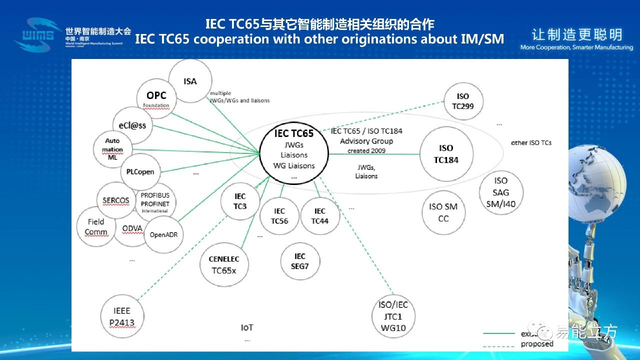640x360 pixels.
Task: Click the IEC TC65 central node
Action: click(294, 149)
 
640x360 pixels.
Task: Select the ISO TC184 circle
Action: click(445, 154)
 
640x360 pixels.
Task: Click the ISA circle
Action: click(190, 81)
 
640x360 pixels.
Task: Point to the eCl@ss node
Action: click(129, 125)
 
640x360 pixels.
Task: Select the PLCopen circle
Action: click(140, 171)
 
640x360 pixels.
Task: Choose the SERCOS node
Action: click(116, 200)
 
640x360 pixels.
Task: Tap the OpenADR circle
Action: click(163, 234)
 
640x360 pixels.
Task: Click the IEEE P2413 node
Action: click(122, 316)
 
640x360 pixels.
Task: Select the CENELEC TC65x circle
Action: click(223, 264)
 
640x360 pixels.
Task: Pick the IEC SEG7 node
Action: click(300, 261)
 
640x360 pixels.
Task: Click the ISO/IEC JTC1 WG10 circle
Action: click(393, 316)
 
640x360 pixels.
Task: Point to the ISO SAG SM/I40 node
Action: click(500, 192)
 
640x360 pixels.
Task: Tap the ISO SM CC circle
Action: click(443, 212)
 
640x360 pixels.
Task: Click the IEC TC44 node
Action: click(320, 216)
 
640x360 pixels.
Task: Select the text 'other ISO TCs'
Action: click(531, 142)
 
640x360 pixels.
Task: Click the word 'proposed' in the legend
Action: click(537, 344)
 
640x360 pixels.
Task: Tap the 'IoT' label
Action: click(247, 327)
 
